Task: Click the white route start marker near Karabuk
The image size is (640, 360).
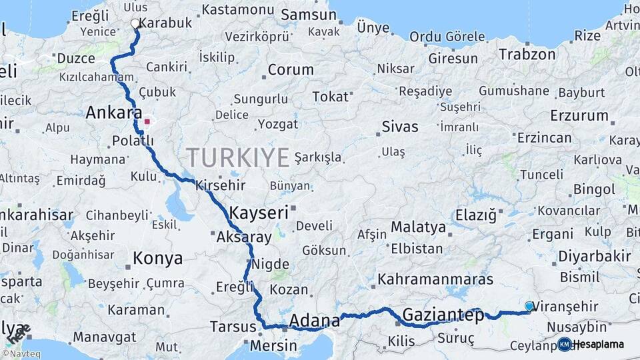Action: click(x=135, y=23)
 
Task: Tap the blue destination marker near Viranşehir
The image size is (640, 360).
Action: click(x=529, y=306)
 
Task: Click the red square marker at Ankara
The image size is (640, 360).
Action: click(x=147, y=122)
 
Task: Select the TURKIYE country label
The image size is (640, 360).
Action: click(x=238, y=158)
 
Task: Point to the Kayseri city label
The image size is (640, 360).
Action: click(x=259, y=213)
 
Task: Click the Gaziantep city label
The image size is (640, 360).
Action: click(x=442, y=315)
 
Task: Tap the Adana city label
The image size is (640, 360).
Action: click(x=315, y=321)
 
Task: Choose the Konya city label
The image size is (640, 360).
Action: click(x=158, y=258)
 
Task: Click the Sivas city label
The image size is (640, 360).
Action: click(x=400, y=127)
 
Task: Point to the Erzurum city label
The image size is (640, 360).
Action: click(x=579, y=115)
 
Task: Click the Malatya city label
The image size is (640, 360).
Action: click(x=418, y=227)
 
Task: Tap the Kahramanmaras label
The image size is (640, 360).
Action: click(x=435, y=279)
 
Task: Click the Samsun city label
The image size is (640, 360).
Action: click(x=309, y=15)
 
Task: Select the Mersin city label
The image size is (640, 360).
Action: click(x=273, y=346)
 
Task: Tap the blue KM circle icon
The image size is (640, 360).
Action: click(x=565, y=345)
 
